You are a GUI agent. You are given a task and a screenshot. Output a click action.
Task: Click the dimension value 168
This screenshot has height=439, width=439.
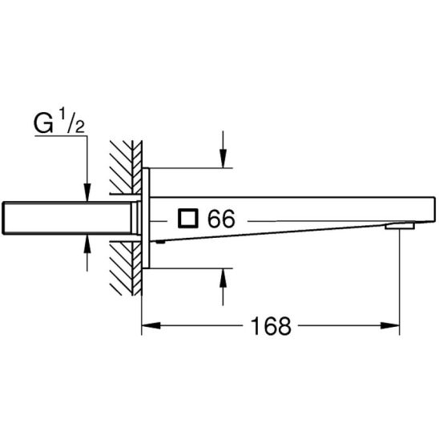tap(271, 326)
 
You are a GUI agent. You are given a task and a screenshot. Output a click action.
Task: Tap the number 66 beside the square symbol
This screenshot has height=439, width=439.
tap(221, 219)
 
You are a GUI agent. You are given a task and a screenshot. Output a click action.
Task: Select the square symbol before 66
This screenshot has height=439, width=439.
tap(188, 218)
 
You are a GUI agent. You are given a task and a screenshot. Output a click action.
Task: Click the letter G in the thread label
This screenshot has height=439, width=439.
tap(43, 123)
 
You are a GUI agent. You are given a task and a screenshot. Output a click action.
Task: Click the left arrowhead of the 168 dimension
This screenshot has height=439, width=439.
tap(151, 325)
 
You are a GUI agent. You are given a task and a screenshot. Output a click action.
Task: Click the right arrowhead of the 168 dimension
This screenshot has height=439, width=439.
tap(390, 325)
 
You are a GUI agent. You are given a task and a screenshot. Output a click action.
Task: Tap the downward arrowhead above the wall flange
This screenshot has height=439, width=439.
tap(223, 159)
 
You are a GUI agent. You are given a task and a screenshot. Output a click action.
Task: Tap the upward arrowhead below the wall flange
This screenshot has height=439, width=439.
tap(223, 278)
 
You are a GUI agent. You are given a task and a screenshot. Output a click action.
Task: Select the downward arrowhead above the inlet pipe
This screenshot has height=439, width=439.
tap(87, 192)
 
